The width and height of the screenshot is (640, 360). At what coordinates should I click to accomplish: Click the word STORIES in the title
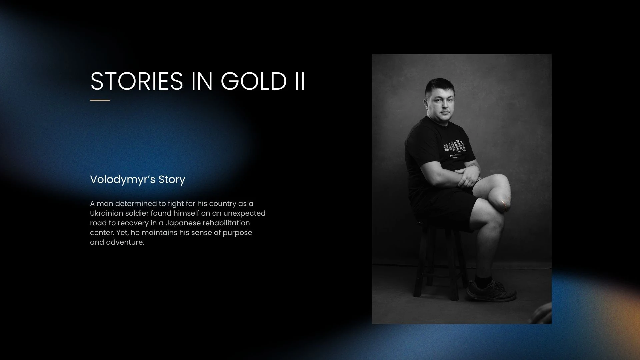[137, 81]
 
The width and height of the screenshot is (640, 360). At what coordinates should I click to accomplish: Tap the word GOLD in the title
[254, 81]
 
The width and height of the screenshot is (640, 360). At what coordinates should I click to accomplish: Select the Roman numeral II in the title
[300, 81]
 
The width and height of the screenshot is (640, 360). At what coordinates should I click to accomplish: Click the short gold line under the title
[100, 100]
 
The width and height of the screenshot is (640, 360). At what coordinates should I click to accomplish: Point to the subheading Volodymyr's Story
[138, 179]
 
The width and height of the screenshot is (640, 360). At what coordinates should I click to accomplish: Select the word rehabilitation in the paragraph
[226, 223]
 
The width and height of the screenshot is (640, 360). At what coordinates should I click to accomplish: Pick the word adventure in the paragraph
[125, 242]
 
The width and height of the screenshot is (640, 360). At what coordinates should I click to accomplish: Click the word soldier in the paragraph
[137, 213]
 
